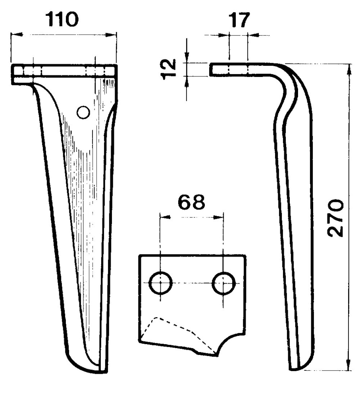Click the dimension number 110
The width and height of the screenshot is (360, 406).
point(62,20)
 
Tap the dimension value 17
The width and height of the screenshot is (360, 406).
point(239,20)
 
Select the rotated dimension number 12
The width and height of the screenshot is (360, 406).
point(168,69)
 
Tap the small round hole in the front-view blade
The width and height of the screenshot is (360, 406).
point(83,112)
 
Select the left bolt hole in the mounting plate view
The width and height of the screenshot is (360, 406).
point(161,283)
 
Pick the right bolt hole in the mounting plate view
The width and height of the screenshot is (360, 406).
point(223,283)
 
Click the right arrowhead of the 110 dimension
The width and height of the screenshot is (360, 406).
point(111,34)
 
